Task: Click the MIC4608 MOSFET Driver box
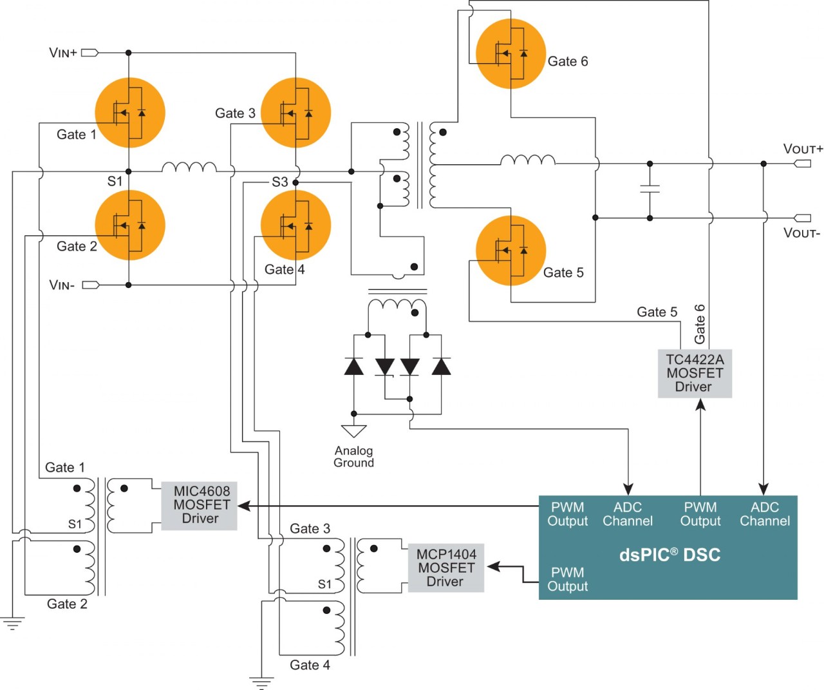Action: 200,505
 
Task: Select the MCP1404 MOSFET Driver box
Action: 445,568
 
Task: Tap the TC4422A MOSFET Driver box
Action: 695,374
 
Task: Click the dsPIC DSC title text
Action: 669,555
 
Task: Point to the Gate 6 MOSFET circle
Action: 510,53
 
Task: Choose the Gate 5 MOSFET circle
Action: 510,251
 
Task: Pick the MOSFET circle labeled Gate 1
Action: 130,113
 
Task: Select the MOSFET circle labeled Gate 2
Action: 130,225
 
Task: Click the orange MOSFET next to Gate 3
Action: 296,113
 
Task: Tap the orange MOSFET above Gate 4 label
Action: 296,225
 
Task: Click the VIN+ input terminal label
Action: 63,53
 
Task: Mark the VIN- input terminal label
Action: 62,285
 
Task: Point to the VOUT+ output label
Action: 803,149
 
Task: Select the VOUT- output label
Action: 801,233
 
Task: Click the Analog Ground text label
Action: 353,457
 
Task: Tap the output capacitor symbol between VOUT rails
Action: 650,189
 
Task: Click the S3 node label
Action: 279,182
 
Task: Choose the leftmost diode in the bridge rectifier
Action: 353,367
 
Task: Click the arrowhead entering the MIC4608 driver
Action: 243,506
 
